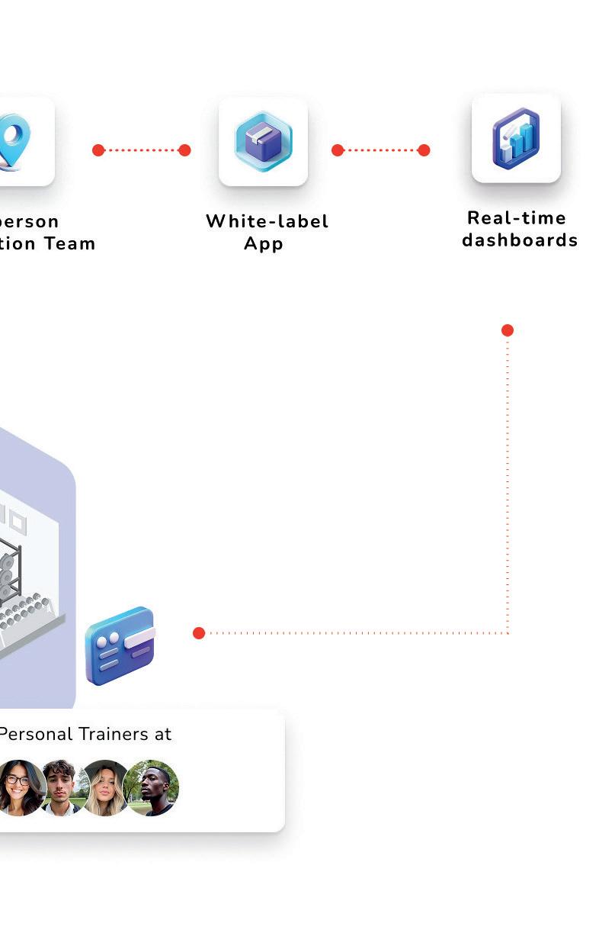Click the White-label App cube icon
pyautogui.click(x=263, y=141)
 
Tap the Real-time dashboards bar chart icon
pyautogui.click(x=516, y=138)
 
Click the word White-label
pyautogui.click(x=267, y=221)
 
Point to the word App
pyautogui.click(x=264, y=244)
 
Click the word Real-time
pyautogui.click(x=517, y=218)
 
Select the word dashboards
pyautogui.click(x=520, y=240)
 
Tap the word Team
pyautogui.click(x=69, y=244)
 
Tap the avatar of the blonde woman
pyautogui.click(x=105, y=787)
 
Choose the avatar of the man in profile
pyautogui.click(x=152, y=787)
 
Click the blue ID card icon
pyautogui.click(x=120, y=645)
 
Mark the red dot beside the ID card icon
pyautogui.click(x=199, y=633)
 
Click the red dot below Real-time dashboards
pyautogui.click(x=508, y=330)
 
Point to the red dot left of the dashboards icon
pyautogui.click(x=424, y=150)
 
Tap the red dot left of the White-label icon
pyautogui.click(x=184, y=150)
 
